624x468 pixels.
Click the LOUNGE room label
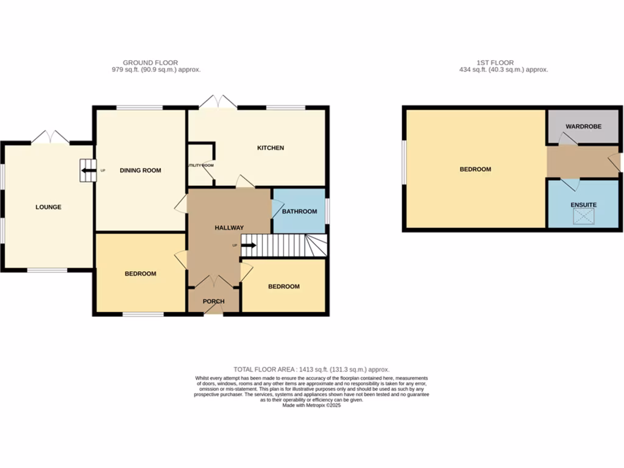point(48,207)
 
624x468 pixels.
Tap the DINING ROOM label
point(140,171)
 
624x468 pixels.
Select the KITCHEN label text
point(270,148)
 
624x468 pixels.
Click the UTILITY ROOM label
point(200,165)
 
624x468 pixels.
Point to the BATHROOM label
point(299,211)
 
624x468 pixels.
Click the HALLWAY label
point(229,228)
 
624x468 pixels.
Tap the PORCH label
point(213,302)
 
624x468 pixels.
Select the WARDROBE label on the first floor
point(583,127)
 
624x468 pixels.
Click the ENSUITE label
point(583,205)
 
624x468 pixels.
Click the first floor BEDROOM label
point(475,169)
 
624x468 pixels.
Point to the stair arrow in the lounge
point(88,171)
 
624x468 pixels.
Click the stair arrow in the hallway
point(249,246)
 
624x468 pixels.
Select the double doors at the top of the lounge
point(50,137)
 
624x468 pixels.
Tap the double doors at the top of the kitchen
point(218,102)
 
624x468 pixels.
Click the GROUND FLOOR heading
point(150,63)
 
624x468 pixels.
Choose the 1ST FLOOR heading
point(495,63)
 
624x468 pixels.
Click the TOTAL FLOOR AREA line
point(311,369)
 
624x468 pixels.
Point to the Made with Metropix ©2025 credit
point(311,405)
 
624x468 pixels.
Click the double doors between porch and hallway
point(214,282)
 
